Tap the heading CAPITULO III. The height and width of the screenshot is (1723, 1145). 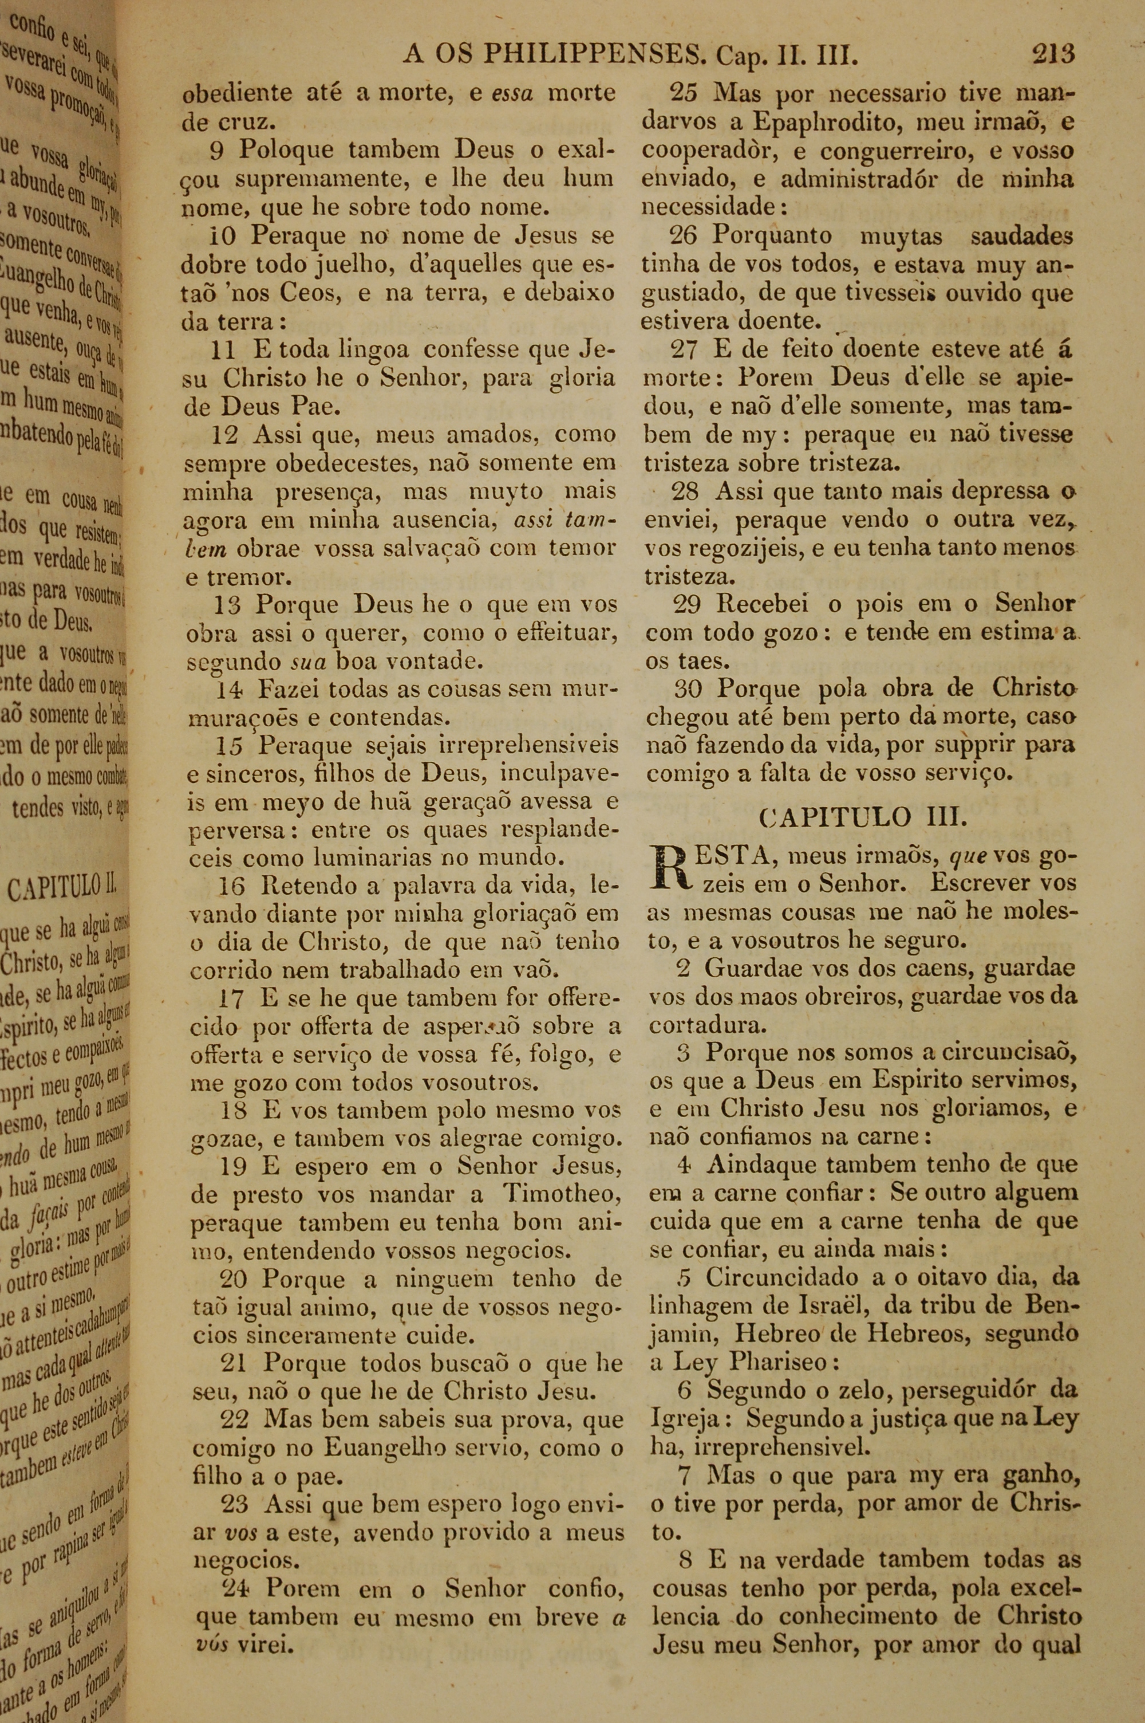click(x=864, y=816)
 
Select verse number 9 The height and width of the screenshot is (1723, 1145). click(x=217, y=151)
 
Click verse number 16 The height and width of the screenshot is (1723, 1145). click(x=231, y=887)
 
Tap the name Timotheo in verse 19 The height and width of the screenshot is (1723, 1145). click(x=562, y=1195)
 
